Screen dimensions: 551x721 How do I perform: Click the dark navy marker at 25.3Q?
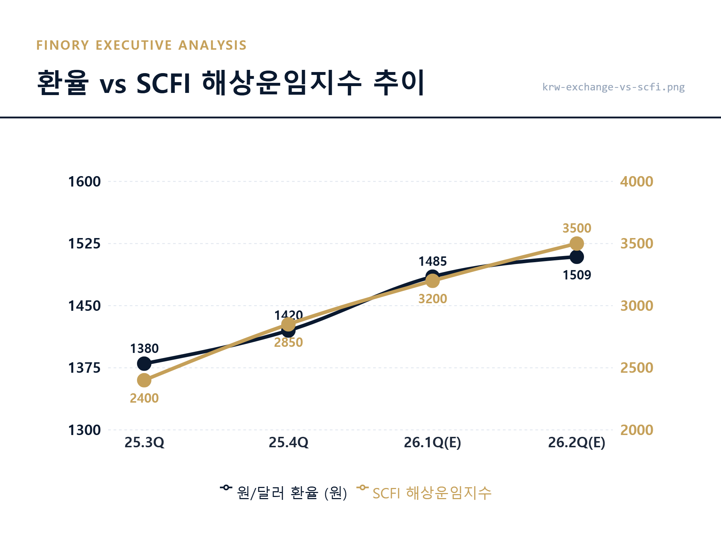pyautogui.click(x=144, y=364)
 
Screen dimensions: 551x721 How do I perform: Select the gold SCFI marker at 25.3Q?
pyautogui.click(x=144, y=380)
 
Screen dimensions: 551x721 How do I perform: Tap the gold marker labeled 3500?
pyautogui.click(x=576, y=244)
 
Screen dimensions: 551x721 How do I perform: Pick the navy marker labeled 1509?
pyautogui.click(x=577, y=257)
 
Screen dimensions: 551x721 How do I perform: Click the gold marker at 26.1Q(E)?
pyautogui.click(x=433, y=281)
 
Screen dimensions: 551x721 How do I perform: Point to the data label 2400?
pyautogui.click(x=144, y=398)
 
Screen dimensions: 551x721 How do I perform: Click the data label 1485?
pyautogui.click(x=433, y=261)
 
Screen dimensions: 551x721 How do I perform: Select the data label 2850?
pyautogui.click(x=288, y=342)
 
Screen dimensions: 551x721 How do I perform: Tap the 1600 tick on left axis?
pyautogui.click(x=84, y=182)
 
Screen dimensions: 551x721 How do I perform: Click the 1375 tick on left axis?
pyautogui.click(x=84, y=368)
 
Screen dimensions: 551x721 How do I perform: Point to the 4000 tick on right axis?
pyautogui.click(x=637, y=182)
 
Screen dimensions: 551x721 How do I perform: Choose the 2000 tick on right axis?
pyautogui.click(x=637, y=430)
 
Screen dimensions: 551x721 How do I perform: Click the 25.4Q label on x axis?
pyautogui.click(x=288, y=442)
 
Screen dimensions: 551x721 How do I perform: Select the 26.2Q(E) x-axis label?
pyautogui.click(x=576, y=442)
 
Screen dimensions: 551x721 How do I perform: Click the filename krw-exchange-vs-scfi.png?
pyautogui.click(x=613, y=87)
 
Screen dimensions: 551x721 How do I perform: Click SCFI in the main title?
pyautogui.click(x=163, y=84)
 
